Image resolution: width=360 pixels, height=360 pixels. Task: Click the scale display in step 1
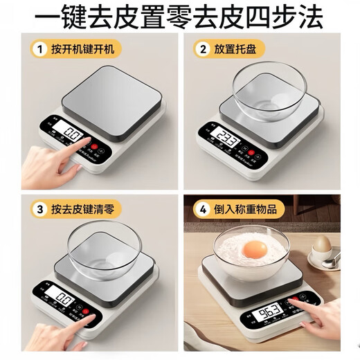71,132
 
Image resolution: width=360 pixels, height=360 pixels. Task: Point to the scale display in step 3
65,300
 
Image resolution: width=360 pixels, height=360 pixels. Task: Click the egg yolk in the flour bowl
256,250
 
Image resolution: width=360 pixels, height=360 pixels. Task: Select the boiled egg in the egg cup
322,244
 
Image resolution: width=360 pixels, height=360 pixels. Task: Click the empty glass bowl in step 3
105,246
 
